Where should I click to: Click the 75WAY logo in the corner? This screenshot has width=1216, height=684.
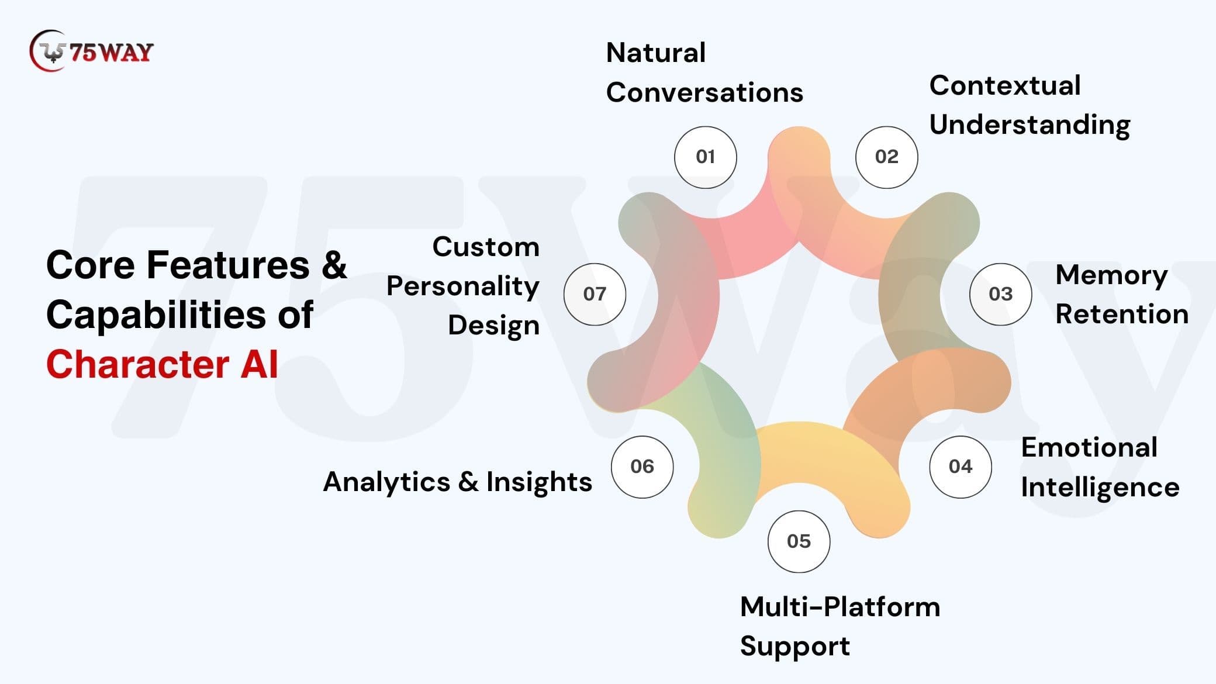coord(91,51)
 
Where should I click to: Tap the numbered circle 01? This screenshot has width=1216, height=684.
coord(705,157)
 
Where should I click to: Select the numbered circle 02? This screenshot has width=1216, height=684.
coord(886,157)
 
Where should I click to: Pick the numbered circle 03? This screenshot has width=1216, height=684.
coord(1000,294)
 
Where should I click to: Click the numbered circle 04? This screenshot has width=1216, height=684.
coord(960,467)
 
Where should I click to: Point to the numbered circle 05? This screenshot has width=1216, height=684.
coord(799,541)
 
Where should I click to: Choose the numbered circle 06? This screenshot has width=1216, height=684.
coord(642,467)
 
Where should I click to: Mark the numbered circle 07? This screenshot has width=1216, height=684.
coord(595,294)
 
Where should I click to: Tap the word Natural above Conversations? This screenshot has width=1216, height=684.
coord(655,53)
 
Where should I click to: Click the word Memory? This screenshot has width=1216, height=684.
coord(1111,275)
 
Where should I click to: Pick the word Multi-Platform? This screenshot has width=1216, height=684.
coord(840,607)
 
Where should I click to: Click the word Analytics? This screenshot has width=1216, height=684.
coord(386,483)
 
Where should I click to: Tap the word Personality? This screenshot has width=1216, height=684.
coord(462,287)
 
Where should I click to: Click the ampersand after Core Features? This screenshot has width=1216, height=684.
coord(334,265)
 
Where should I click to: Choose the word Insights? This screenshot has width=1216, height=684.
coord(539,483)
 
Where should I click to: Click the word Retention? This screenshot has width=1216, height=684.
coord(1121,315)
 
